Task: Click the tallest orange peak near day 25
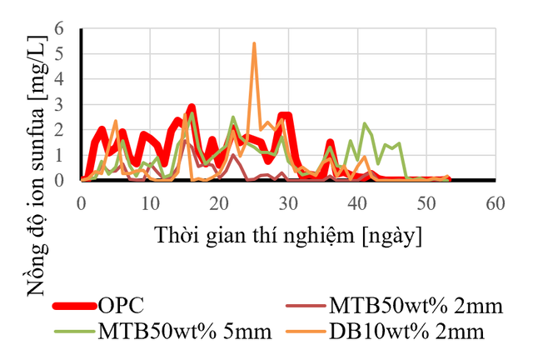click(254, 43)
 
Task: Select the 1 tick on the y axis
click(70, 155)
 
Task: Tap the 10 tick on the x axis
click(150, 202)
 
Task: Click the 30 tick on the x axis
click(288, 202)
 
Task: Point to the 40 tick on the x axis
click(357, 202)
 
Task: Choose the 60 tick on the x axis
click(496, 202)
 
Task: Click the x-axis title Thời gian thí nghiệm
click(287, 236)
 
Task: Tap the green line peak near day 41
click(365, 123)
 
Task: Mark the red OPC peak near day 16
click(192, 107)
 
